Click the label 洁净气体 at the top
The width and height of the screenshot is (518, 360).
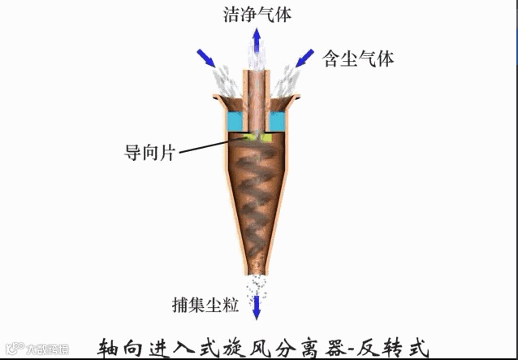coord(258,13)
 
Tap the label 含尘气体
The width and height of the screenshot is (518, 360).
coord(356,59)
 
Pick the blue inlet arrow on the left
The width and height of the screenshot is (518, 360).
coord(208,59)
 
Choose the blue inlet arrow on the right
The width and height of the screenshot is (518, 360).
coord(305,57)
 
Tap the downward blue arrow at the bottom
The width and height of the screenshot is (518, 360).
coord(257,306)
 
